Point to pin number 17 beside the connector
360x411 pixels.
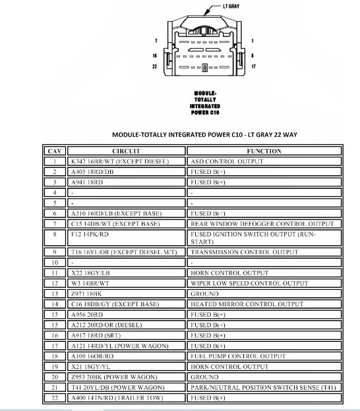point(253,67)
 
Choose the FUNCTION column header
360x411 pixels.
point(264,151)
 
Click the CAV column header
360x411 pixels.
point(55,151)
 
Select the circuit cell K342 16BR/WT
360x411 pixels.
point(119,161)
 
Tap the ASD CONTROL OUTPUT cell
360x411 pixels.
point(225,161)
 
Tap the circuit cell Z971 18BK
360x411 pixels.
point(87,294)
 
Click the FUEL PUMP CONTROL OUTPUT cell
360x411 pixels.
point(238,356)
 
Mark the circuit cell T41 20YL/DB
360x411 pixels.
point(118,388)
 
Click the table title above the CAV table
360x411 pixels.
point(204,134)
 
